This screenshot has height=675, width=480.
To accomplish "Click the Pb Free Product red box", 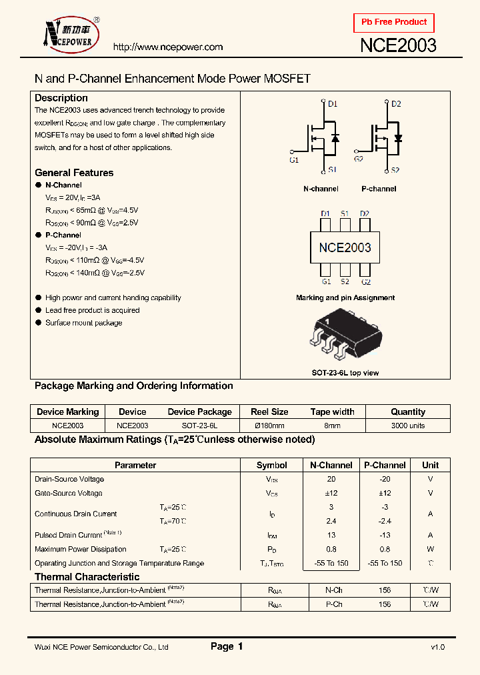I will pos(394,23).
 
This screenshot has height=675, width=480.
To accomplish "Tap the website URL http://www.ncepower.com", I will pos(167,47).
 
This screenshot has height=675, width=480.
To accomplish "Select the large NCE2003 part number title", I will pos(398,45).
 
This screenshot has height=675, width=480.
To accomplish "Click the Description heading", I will pos(61,98).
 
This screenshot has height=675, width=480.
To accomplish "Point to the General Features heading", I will pos(74,173).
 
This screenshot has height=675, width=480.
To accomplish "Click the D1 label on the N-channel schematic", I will pos(333,104).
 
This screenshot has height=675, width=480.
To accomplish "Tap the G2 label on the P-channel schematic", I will pos(358,159).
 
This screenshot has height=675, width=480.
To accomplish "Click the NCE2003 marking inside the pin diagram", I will pos(345,247).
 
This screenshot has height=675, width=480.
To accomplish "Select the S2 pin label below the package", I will pos(345,281).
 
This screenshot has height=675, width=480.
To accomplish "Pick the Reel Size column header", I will pos(269,412).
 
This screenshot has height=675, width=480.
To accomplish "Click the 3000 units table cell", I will pos(407,425).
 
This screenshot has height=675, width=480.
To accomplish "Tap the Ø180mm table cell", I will pos(269,425).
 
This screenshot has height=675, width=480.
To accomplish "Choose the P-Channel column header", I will pos(385,465).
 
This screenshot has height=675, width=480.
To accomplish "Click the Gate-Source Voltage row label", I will pos(69,493).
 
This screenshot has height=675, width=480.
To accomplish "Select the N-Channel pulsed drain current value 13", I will pos(331,535).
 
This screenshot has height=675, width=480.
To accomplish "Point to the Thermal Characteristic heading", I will pos(87,577).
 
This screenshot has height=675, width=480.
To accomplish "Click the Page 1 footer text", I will pos(227,646).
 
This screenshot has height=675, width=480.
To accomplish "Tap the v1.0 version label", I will pos(437,647).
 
